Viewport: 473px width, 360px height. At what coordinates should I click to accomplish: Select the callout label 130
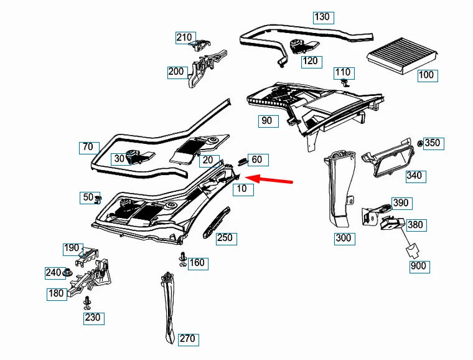coord(323,17)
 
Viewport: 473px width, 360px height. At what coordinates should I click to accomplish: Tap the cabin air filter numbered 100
coord(403,55)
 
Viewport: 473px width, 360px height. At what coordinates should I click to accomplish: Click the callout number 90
coord(268,121)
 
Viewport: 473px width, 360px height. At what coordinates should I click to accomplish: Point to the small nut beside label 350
coord(420,143)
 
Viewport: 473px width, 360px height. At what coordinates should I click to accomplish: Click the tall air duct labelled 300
coord(340,189)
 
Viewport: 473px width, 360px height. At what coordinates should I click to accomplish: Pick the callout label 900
coord(419,267)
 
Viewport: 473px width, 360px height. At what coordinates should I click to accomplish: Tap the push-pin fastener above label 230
coord(88,303)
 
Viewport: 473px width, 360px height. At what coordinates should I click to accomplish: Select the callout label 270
coord(189,339)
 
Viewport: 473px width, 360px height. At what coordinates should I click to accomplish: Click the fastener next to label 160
coord(183,259)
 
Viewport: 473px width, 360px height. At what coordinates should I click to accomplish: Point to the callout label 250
coord(227,239)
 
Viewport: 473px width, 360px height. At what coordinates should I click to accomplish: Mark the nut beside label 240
coord(67,273)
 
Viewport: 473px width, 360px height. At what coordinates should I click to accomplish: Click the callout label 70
coord(89,148)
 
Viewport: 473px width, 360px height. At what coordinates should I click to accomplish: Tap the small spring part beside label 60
coord(243,162)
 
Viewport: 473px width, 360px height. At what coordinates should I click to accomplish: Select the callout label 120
coord(312,62)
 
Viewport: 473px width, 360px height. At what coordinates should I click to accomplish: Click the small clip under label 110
coord(345,82)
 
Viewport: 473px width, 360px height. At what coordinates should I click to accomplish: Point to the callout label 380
coord(416,225)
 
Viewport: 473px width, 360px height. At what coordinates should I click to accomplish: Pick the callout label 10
coord(243,189)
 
